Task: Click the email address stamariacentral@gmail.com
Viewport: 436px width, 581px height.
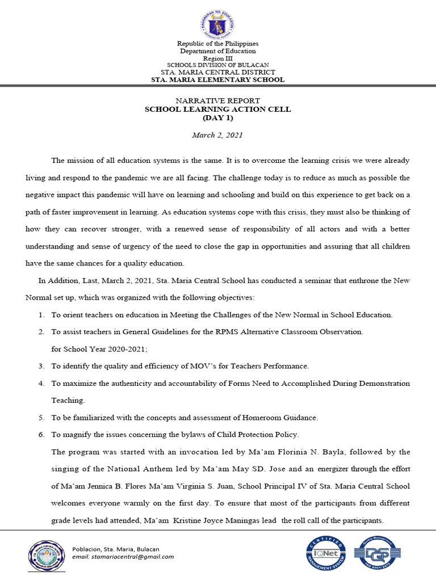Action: tap(123, 557)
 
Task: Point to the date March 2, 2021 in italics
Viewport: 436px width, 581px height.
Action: tap(218, 135)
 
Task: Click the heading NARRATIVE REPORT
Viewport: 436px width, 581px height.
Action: tap(218, 100)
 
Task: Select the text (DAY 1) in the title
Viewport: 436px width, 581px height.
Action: tap(218, 117)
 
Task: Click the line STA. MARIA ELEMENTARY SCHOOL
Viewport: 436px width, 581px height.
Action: tap(218, 80)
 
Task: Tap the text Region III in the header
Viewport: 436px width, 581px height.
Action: tap(218, 58)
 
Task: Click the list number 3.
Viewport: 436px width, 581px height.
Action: tap(41, 366)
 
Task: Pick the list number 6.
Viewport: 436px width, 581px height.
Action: tap(41, 435)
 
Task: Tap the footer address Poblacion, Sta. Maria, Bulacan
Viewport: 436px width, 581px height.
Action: tap(116, 549)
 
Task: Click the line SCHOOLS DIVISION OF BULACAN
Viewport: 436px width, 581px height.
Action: tap(218, 65)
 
